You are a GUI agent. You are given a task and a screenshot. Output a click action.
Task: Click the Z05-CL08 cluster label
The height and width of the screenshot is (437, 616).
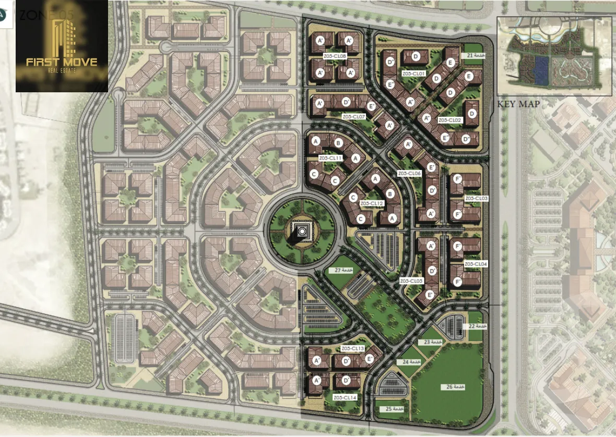tap(335, 56)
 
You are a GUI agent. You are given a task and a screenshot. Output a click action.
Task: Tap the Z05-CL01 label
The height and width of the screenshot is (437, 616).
tap(414, 74)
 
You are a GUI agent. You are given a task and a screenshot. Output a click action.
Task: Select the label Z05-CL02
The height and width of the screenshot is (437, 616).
tap(450, 120)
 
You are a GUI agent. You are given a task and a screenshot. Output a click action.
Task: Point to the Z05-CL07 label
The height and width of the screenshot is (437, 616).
tap(353, 116)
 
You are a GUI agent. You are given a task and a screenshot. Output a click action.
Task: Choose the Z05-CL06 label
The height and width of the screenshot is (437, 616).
tap(409, 173)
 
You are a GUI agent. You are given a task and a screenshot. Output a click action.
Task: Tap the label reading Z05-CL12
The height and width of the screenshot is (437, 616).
tap(372, 203)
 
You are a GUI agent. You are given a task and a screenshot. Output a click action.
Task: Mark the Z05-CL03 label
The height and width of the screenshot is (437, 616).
tap(476, 199)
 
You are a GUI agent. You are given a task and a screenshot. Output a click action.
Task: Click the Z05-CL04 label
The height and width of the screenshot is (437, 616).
tap(476, 264)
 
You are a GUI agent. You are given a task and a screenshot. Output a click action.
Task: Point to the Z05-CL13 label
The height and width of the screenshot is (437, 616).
tap(352, 348)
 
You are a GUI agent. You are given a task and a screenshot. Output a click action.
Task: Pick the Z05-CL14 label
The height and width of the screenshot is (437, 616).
tap(345, 397)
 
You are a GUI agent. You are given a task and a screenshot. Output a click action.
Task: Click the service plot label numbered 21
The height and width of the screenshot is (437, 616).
tap(475, 56)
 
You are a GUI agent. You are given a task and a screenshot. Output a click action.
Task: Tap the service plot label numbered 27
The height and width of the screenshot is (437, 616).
tap(344, 270)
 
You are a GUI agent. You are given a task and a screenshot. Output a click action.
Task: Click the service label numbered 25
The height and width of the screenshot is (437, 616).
tap(395, 409)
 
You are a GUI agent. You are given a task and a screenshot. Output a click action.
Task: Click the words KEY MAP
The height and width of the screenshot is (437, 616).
tap(518, 104)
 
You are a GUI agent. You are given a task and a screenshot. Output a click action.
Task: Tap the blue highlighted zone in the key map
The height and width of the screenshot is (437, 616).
tap(540, 70)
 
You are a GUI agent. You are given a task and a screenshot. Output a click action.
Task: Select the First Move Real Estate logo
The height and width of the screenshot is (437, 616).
tap(62, 46)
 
